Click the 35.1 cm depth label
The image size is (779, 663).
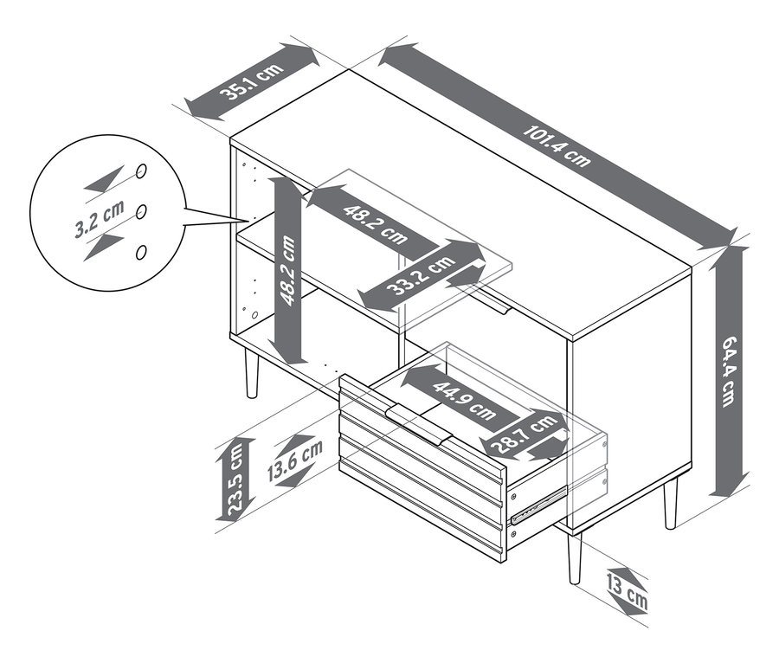(252, 82)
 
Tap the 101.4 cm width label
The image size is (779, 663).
(557, 146)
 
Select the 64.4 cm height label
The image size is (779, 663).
(729, 371)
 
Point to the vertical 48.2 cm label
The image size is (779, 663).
(287, 271)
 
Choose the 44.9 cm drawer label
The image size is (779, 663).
(464, 400)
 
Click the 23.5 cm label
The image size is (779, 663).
(235, 479)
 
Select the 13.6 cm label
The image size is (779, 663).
(295, 460)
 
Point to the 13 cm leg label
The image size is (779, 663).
(627, 591)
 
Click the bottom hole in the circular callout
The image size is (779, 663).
(141, 252)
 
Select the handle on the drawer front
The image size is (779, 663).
(419, 423)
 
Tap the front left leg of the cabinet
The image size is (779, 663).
(252, 372)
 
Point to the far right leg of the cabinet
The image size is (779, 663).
(671, 502)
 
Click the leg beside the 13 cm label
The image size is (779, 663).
(575, 557)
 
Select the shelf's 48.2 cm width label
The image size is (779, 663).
(375, 224)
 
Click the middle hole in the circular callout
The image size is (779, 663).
(141, 211)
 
